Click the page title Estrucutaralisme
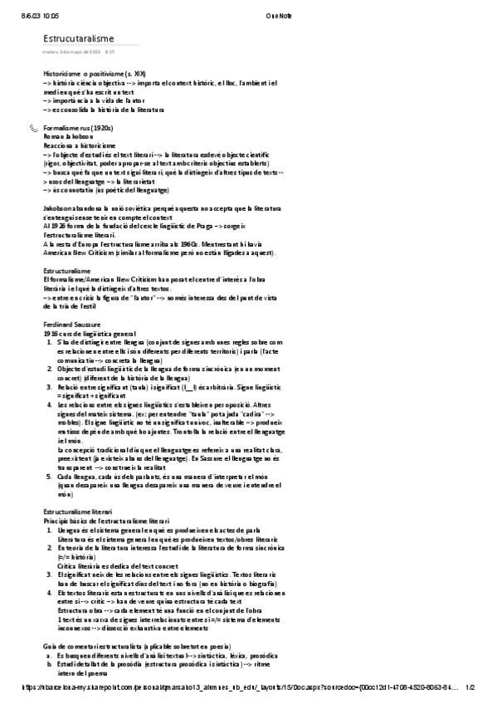(80, 38)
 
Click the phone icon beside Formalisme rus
(33, 129)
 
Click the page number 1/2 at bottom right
(470, 687)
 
